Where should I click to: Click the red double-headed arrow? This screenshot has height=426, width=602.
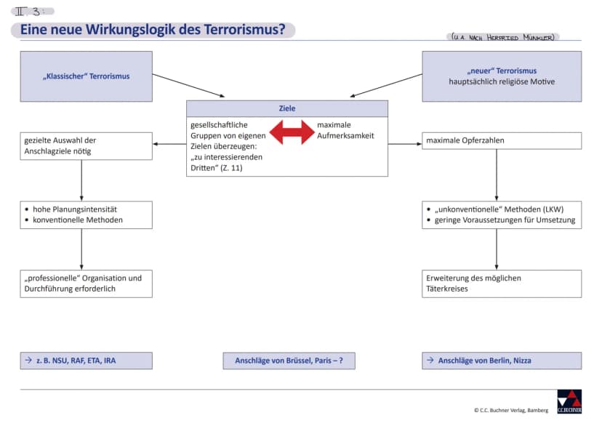pos(292,132)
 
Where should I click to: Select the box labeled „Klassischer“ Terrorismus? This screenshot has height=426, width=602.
pos(86,76)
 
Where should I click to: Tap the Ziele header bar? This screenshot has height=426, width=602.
pos(287,108)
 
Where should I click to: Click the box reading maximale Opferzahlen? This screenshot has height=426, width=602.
pos(502,141)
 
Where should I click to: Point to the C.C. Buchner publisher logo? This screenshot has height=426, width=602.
pos(569,402)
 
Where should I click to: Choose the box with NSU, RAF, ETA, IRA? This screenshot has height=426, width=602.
pos(86,361)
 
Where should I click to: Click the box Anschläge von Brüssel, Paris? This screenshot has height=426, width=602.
pos(289,361)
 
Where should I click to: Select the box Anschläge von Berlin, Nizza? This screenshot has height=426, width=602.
pos(502,361)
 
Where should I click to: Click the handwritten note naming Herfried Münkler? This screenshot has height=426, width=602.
pos(503,37)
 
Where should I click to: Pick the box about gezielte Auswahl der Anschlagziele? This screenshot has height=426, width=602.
pos(86,146)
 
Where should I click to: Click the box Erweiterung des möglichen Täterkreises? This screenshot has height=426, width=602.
pos(502,284)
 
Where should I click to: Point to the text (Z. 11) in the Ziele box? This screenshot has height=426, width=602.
pos(231,168)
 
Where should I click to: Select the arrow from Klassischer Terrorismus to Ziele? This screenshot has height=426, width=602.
pos(188,86)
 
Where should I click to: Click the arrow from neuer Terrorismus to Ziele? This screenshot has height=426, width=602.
pos(386,86)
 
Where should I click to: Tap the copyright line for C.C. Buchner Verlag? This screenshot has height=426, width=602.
pos(511,410)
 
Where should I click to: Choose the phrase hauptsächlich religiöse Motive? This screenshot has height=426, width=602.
pos(502,81)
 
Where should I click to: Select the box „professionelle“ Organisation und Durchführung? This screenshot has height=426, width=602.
pos(86,284)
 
